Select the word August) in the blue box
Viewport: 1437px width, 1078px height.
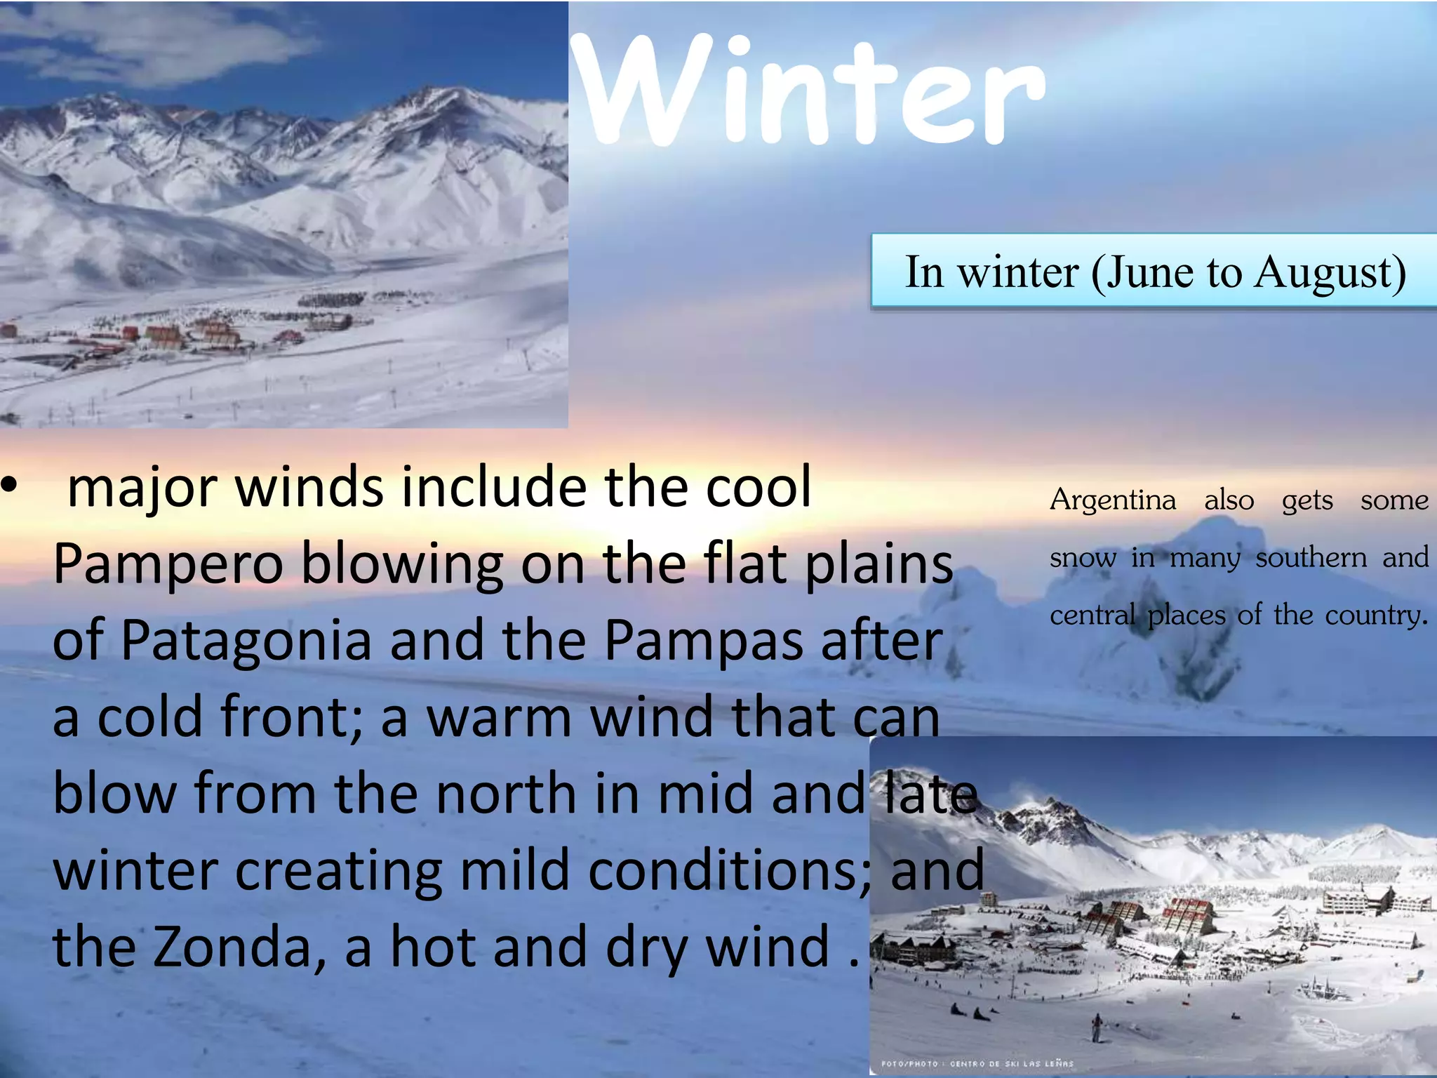tap(1330, 274)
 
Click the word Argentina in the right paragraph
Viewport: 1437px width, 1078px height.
tap(1113, 500)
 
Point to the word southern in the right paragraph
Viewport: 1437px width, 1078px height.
tap(1311, 558)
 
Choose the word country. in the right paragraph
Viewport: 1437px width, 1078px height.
tap(1376, 615)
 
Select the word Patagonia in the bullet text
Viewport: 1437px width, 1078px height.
tap(246, 640)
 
